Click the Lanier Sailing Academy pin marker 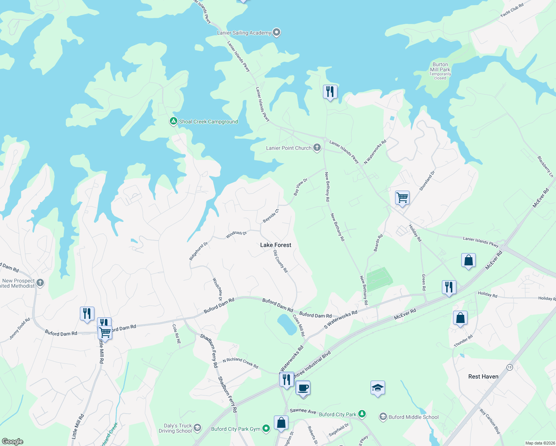pyautogui.click(x=276, y=32)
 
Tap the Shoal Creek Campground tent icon pyautogui.click(x=173, y=121)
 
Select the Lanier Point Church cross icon pyautogui.click(x=317, y=148)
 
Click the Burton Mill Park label pyautogui.click(x=440, y=67)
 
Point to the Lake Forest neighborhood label pyautogui.click(x=275, y=245)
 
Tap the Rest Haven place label pyautogui.click(x=483, y=376)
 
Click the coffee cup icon pyautogui.click(x=303, y=388)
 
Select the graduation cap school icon pyautogui.click(x=378, y=388)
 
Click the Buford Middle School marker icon pyautogui.click(x=383, y=417)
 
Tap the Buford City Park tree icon pyautogui.click(x=362, y=414)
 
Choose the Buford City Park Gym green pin pyautogui.click(x=266, y=429)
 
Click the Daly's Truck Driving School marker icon pyautogui.click(x=197, y=428)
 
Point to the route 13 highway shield pyautogui.click(x=510, y=367)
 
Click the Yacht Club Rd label pyautogui.click(x=512, y=10)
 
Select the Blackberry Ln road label pyautogui.click(x=545, y=167)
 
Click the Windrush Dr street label pyautogui.click(x=236, y=235)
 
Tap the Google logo pyautogui.click(x=12, y=442)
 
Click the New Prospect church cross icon pyautogui.click(x=40, y=283)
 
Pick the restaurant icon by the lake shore pyautogui.click(x=330, y=91)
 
